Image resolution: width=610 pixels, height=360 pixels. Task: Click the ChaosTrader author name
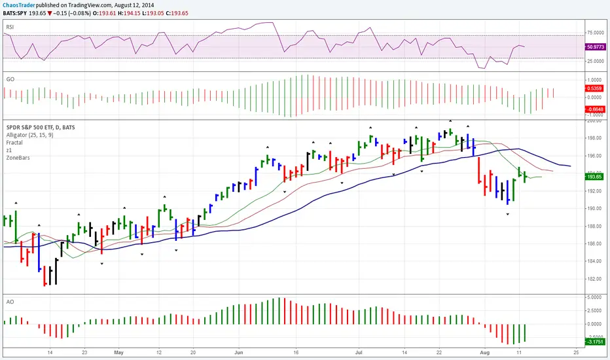point(20,3)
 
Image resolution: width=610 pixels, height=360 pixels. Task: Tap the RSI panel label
point(10,27)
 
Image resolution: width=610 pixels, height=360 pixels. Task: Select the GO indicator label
point(10,79)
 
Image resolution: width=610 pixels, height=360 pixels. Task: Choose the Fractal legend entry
point(14,142)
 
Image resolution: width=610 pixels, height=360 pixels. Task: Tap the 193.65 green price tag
point(594,177)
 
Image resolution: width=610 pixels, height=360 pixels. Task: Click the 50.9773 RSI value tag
point(594,46)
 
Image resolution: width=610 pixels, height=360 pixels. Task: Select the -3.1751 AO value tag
point(594,341)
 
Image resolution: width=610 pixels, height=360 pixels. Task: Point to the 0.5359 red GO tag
point(594,87)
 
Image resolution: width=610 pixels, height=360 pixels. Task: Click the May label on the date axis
point(118,351)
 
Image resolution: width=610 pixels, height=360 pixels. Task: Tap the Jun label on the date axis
point(239,351)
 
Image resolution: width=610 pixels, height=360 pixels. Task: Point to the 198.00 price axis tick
point(594,138)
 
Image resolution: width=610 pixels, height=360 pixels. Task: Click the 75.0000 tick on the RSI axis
point(594,31)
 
